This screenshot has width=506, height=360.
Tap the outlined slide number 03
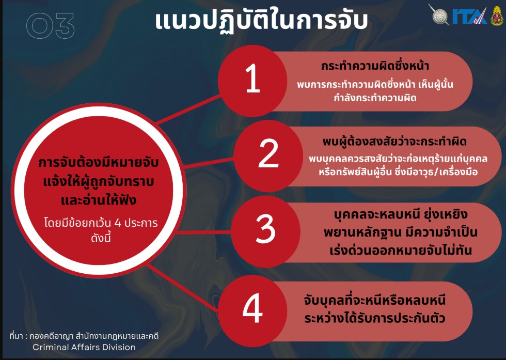pyautogui.click(x=51, y=25)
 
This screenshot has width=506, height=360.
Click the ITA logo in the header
pyautogui.click(x=469, y=16)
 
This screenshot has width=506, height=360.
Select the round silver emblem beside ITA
pyautogui.click(x=439, y=14)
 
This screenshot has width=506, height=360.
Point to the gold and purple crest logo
pyautogui.click(x=497, y=15)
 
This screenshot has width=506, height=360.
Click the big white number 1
pyautogui.click(x=252, y=79)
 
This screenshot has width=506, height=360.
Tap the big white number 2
pyautogui.click(x=268, y=153)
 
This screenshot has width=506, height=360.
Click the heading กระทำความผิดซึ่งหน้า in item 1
pyautogui.click(x=375, y=66)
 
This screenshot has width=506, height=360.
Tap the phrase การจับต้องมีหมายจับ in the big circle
pyautogui.click(x=99, y=162)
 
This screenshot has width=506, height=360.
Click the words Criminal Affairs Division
pyautogui.click(x=84, y=347)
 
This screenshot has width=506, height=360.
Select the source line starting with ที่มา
pyautogui.click(x=84, y=336)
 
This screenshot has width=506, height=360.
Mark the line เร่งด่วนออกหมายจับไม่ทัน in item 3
pyautogui.click(x=401, y=250)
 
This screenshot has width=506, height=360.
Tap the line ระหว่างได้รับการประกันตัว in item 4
pyautogui.click(x=375, y=318)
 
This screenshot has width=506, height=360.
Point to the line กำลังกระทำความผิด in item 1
pyautogui.click(x=375, y=98)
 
